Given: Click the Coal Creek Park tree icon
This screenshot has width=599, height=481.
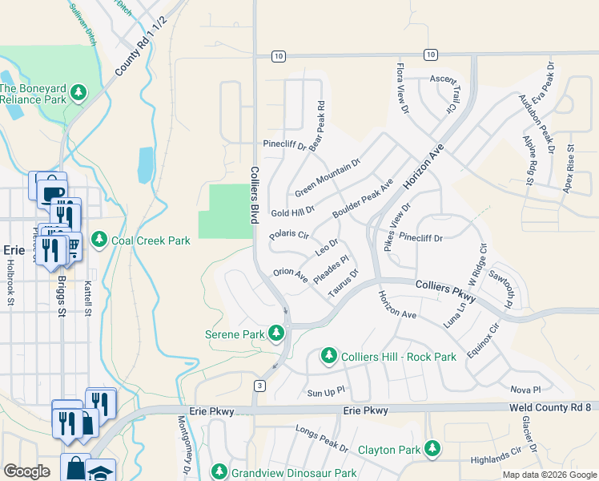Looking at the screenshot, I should pos(99,240).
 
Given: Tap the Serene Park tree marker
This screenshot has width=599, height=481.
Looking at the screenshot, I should pos(276,333).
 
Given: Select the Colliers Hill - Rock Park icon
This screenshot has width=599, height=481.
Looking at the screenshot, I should pos(328,355).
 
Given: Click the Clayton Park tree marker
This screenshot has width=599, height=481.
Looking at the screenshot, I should pos(432,448).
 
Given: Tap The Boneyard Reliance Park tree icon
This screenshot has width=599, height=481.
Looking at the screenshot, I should pos(78,94).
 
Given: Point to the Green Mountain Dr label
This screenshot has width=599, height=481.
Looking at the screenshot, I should pos(328,177).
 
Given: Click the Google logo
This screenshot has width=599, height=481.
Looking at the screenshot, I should pos(26,471).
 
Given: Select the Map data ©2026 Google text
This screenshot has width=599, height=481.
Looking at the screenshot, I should pos(549,475).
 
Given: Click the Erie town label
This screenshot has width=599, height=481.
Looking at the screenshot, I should pos(16,249).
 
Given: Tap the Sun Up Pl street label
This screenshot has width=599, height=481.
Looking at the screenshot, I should pos(326,393).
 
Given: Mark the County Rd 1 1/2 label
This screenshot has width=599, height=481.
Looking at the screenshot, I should pos(141,46).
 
